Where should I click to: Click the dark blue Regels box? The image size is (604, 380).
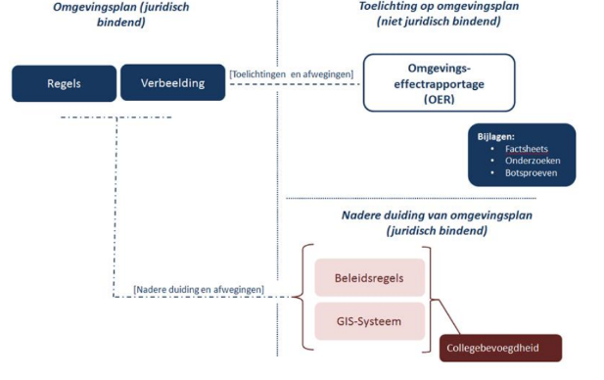click(x=63, y=83)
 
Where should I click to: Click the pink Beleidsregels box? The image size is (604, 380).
click(x=371, y=277)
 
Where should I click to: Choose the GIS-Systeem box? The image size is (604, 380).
click(x=371, y=320)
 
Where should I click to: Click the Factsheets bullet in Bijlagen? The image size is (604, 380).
click(x=526, y=148)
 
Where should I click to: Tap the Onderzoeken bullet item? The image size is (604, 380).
click(x=533, y=161)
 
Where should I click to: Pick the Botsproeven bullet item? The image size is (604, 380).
click(x=530, y=173)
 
